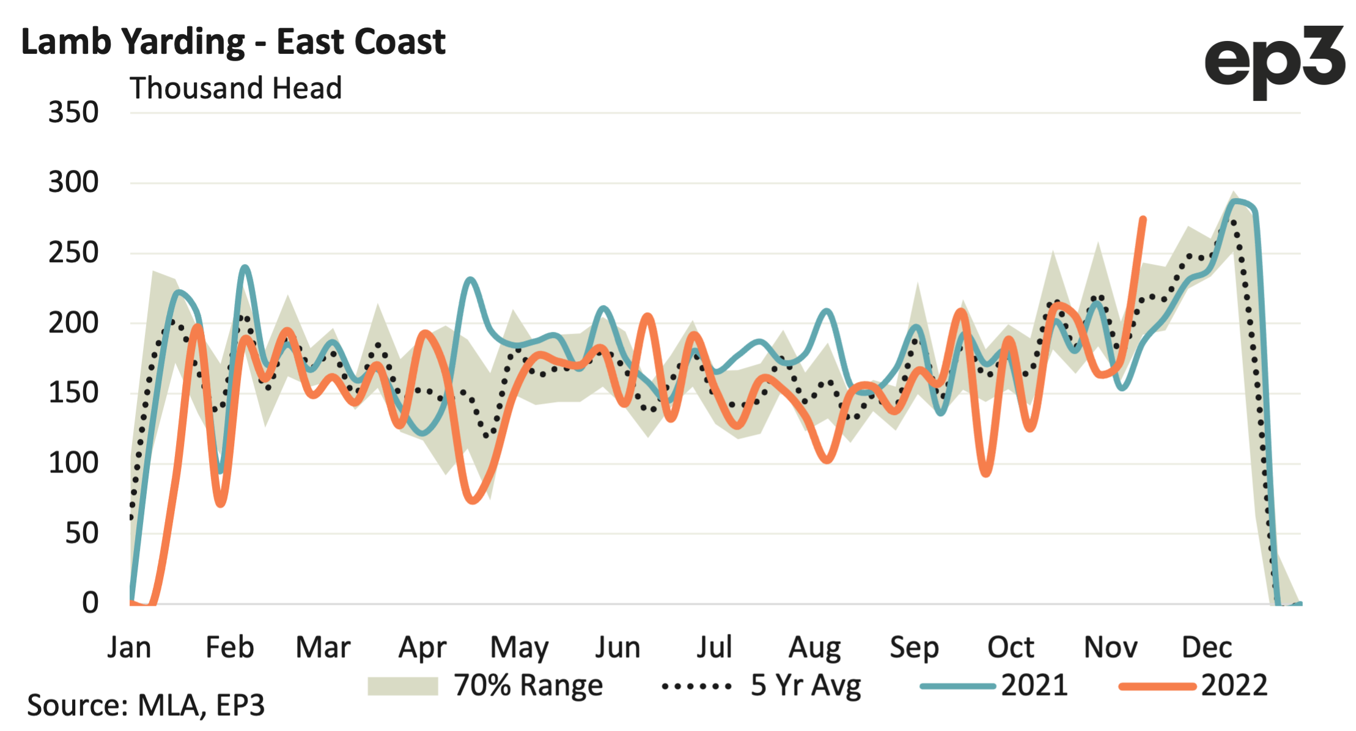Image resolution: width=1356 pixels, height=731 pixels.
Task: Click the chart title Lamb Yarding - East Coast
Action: click(x=233, y=42)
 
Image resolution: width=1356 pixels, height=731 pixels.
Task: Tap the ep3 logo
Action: click(x=1274, y=61)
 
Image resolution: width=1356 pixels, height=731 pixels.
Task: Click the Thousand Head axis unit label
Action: click(x=235, y=88)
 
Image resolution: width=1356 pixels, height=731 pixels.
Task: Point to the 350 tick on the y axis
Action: click(x=73, y=112)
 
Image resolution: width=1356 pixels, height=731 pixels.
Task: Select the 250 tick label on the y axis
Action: click(x=73, y=252)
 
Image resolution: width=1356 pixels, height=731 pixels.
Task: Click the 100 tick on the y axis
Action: click(x=73, y=463)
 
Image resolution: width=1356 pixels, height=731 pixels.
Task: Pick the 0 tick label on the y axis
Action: click(x=90, y=603)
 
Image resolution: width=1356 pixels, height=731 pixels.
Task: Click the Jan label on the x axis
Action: click(x=129, y=647)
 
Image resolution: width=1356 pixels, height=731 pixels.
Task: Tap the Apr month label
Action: click(x=422, y=647)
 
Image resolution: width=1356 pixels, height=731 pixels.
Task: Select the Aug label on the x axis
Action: click(x=814, y=647)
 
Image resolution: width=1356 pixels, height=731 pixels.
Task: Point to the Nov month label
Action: click(x=1110, y=647)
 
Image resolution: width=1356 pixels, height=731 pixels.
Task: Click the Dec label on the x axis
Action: click(x=1206, y=647)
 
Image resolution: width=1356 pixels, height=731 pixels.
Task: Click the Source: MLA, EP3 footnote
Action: click(x=146, y=705)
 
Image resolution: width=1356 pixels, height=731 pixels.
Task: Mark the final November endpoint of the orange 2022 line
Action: click(x=1143, y=219)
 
